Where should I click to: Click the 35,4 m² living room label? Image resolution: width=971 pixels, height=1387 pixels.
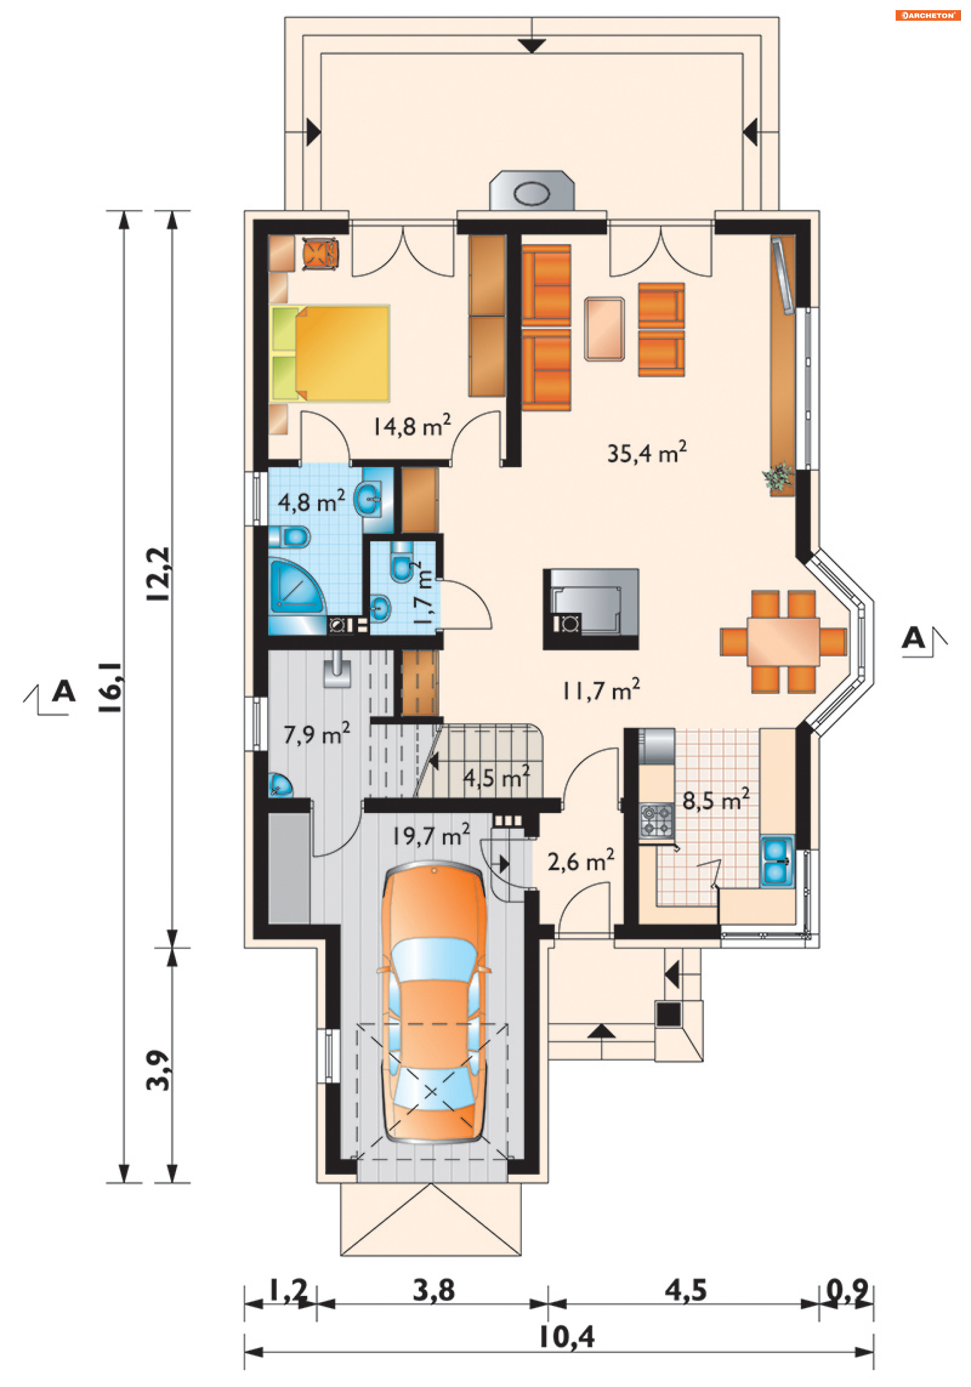click(646, 452)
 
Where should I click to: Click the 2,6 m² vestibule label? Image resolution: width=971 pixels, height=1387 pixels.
click(581, 860)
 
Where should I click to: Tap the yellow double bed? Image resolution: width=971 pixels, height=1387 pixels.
click(330, 353)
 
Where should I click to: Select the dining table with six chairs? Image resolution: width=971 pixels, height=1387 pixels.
click(783, 642)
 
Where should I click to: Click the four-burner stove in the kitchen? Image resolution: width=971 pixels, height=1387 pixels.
click(657, 820)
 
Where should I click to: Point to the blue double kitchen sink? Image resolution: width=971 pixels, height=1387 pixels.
click(776, 861)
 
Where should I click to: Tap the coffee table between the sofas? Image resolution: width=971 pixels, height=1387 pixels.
click(604, 329)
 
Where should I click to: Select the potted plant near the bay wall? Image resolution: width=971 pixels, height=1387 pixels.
click(778, 477)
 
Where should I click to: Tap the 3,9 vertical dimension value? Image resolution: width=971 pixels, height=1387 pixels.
click(158, 1069)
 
